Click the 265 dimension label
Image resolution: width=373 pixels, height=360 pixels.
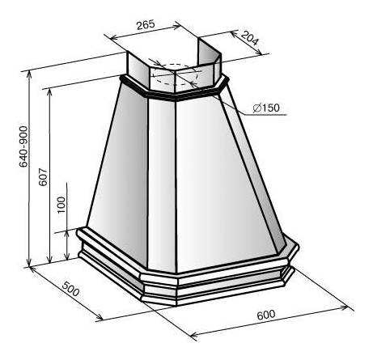146,25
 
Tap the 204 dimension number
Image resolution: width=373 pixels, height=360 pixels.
249,38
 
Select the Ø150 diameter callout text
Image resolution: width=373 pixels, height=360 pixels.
266,108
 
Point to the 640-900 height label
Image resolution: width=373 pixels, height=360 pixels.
23,146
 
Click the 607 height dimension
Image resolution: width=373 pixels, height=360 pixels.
43,177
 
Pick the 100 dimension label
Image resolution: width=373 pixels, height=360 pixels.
61,205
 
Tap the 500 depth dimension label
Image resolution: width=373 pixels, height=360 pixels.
70,289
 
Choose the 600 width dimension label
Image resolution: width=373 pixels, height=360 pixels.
266,315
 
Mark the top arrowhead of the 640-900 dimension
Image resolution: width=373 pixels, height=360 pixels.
29,75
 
